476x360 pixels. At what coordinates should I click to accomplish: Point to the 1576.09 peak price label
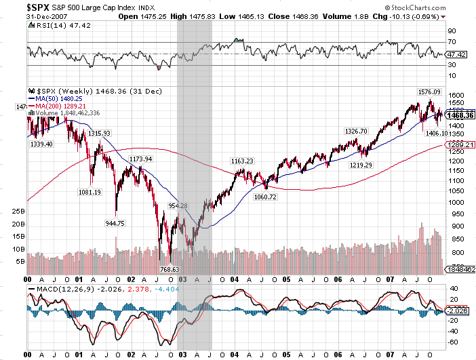[429, 92]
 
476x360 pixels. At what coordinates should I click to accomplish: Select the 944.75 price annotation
[115, 223]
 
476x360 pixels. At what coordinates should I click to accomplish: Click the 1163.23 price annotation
[242, 161]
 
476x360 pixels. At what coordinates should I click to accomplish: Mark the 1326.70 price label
[356, 131]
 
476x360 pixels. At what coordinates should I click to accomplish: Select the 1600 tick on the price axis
[457, 96]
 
